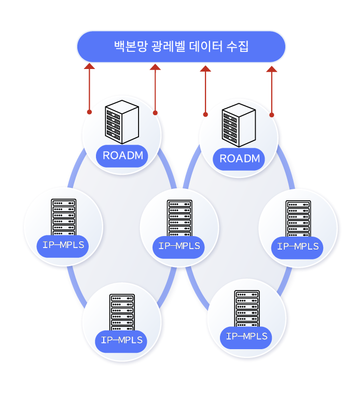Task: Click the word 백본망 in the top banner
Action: pos(130,47)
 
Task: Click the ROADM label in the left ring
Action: pos(122,155)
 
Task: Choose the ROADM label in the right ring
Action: pos(239,158)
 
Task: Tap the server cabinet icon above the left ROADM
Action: pos(122,122)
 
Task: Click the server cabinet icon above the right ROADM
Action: pos(239,125)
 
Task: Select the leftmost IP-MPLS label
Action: pos(63,245)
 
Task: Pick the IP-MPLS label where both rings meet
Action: pos(179,246)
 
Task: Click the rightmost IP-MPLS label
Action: pos(298,246)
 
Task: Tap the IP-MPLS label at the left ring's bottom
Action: pos(121,340)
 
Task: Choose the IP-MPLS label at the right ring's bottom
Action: pos(246,336)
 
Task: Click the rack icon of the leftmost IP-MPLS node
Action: pos(63,217)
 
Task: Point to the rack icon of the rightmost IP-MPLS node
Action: pos(298,218)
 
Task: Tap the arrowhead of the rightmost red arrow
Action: pos(271,68)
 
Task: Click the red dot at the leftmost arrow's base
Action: pos(89,112)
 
